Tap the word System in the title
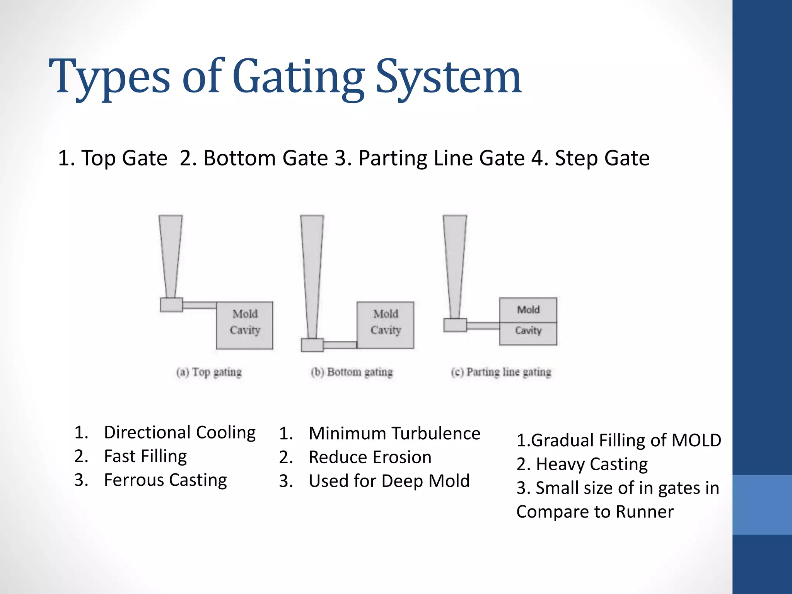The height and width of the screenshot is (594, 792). coord(449,77)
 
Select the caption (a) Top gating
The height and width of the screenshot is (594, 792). coord(209,372)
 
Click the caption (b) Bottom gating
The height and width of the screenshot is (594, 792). coord(352,372)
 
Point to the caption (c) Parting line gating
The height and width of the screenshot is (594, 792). coord(501,372)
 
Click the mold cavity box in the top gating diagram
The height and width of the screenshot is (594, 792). coord(244,325)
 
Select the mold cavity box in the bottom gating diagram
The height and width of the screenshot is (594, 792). coord(386,325)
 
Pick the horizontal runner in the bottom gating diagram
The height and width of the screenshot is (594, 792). coord(340,345)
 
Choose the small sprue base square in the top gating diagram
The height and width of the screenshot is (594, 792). coord(171,305)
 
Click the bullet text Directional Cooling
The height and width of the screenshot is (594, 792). coord(180,432)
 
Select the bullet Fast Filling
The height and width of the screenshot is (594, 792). coord(145,456)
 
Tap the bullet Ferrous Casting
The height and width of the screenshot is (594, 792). coord(166,480)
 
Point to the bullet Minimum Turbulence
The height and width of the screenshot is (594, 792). coord(394,434)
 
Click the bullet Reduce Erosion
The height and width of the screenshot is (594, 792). coord(370,457)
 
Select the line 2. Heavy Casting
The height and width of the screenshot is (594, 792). coord(582,464)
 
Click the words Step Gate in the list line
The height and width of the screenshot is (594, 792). coord(602,158)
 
